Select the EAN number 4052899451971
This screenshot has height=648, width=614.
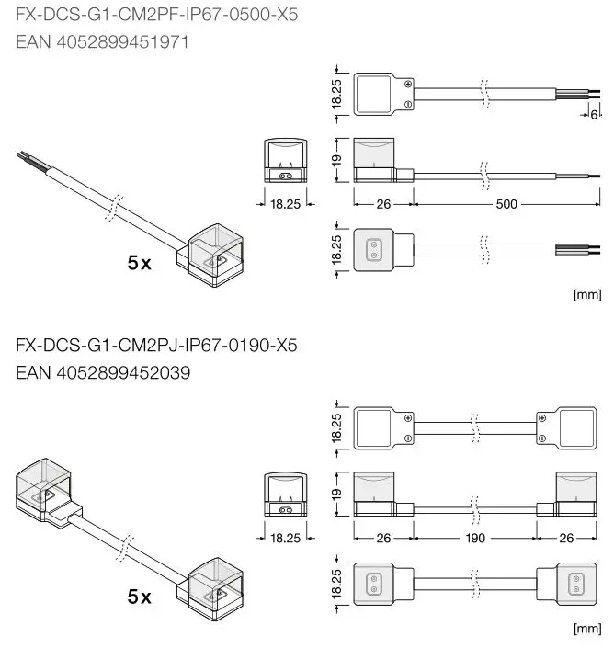[102, 42]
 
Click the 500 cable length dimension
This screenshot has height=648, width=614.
[506, 204]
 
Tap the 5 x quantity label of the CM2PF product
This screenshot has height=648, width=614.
[140, 263]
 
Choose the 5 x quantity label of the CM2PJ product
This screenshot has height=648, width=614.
[140, 597]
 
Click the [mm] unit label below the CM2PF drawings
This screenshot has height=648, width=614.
[586, 295]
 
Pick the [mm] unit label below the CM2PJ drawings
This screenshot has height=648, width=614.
[586, 629]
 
